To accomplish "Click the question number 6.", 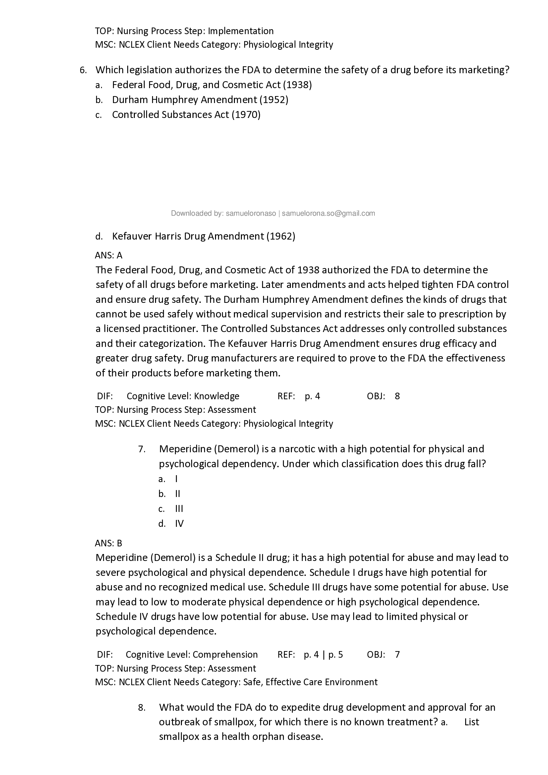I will tap(83, 70).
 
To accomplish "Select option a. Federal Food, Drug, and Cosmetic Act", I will tap(212, 85).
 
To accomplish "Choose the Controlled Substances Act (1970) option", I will tap(186, 115).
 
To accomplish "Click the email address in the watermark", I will tap(328, 213).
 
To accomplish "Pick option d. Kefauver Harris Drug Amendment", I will tap(203, 236).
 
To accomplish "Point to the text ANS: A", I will tap(109, 255).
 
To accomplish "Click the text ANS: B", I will tap(109, 543).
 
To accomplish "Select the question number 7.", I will tap(142, 449).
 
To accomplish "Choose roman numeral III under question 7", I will tap(179, 509).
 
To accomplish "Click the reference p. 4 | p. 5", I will tap(323, 655).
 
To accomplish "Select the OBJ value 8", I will tap(397, 396).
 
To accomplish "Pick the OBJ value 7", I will tap(397, 655).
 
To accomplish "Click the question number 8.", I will tap(142, 708).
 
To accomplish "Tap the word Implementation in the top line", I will tap(241, 31).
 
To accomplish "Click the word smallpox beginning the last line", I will tap(179, 737).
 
